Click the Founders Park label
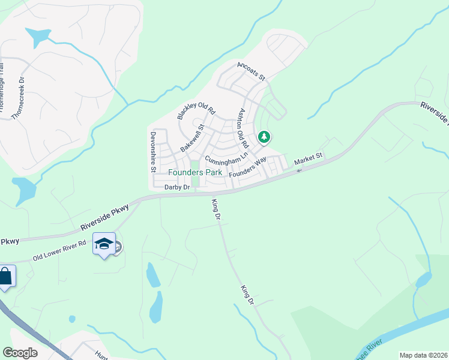195,172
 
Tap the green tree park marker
264,137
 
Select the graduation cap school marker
104,244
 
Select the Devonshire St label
154,152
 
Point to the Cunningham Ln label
226,157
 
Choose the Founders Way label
247,167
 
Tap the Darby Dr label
177,188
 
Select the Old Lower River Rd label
60,251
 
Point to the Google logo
20,353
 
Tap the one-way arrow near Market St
299,170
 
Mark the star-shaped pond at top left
38,37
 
